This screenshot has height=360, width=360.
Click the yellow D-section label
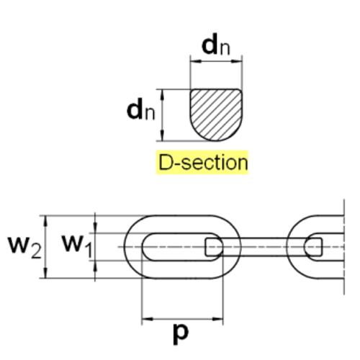(x=202, y=162)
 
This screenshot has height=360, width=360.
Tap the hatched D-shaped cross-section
(x=216, y=114)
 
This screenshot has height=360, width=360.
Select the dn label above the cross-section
(x=216, y=45)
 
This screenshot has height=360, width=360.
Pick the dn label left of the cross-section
(x=141, y=109)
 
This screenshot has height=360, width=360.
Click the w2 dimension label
(x=25, y=246)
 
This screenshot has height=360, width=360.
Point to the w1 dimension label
(x=77, y=246)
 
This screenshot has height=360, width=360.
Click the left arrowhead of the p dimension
(x=147, y=319)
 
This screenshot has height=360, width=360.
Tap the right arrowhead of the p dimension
(x=217, y=319)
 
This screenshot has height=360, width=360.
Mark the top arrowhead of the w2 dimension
(x=45, y=221)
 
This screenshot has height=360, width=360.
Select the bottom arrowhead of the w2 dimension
(x=45, y=273)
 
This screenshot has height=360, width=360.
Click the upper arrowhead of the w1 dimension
(x=95, y=228)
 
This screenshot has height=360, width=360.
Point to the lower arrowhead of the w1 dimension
(x=95, y=266)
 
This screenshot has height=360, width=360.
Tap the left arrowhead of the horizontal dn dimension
(x=196, y=61)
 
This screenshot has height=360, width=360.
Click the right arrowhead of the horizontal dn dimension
(x=237, y=61)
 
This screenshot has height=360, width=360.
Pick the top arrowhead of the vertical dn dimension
(x=163, y=95)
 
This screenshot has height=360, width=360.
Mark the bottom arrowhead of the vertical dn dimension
(x=163, y=135)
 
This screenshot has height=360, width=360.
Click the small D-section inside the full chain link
(x=214, y=247)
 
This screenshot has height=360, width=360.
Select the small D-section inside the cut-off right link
(x=313, y=247)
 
